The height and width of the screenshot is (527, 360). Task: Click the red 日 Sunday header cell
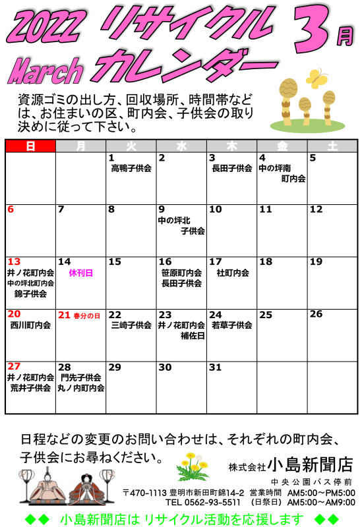[x=30, y=146]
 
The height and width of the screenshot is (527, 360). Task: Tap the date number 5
[x=313, y=157]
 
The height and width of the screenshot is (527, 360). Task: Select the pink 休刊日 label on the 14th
[x=80, y=273]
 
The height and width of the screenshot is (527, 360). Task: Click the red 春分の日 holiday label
[x=87, y=316]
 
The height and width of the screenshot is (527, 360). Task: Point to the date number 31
[x=216, y=367]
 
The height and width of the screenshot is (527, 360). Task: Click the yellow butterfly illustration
[x=316, y=78]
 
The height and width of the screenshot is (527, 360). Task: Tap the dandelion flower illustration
[x=193, y=466]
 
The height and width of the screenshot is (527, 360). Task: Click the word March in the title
[x=45, y=71]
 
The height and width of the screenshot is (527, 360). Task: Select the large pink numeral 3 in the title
[x=311, y=30]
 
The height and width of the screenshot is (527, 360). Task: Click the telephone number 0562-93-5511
[x=212, y=503]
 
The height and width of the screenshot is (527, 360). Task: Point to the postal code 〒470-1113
[x=144, y=493]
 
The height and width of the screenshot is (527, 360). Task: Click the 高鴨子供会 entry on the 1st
[x=131, y=168]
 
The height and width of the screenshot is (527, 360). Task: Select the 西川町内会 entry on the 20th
[x=30, y=325]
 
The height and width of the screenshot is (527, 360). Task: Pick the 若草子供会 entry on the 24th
[x=232, y=325]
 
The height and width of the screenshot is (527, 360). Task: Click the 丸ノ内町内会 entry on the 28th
[x=80, y=388]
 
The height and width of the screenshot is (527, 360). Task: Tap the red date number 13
[x=14, y=262]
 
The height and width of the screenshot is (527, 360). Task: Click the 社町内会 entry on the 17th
[x=233, y=273]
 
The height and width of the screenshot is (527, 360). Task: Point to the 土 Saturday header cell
[x=332, y=146]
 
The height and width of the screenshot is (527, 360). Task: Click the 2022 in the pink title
[x=44, y=25]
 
